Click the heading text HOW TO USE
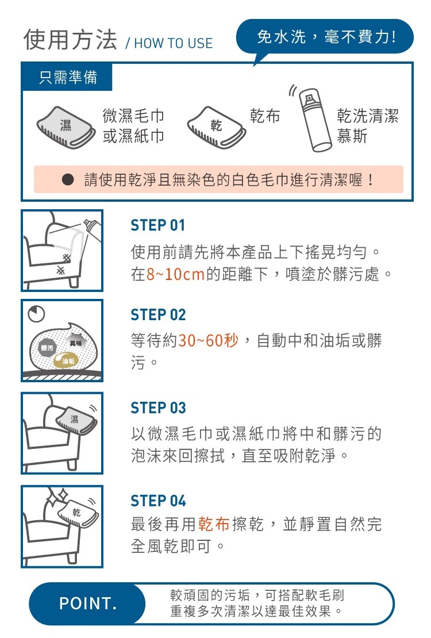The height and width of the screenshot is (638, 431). pos(174,43)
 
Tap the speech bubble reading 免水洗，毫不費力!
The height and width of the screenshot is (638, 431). pos(325,37)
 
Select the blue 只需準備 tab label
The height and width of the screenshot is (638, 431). pos(68,77)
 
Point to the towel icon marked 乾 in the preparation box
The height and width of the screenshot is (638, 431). pos(217,128)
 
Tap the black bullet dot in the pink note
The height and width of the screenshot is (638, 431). pos(68,179)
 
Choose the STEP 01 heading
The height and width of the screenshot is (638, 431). pos(158,225)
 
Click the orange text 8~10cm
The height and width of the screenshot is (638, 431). pos(175,274)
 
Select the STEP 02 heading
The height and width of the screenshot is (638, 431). pos(158,314)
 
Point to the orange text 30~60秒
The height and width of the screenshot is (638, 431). pos(209,340)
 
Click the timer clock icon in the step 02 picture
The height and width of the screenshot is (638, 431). pos(36,313)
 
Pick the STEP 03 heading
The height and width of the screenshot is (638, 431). pos(158,408)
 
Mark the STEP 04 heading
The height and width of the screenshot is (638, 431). pos(158,501)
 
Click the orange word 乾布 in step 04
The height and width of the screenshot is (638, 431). pos(214,524)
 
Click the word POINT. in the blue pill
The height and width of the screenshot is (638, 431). pos(88,604)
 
